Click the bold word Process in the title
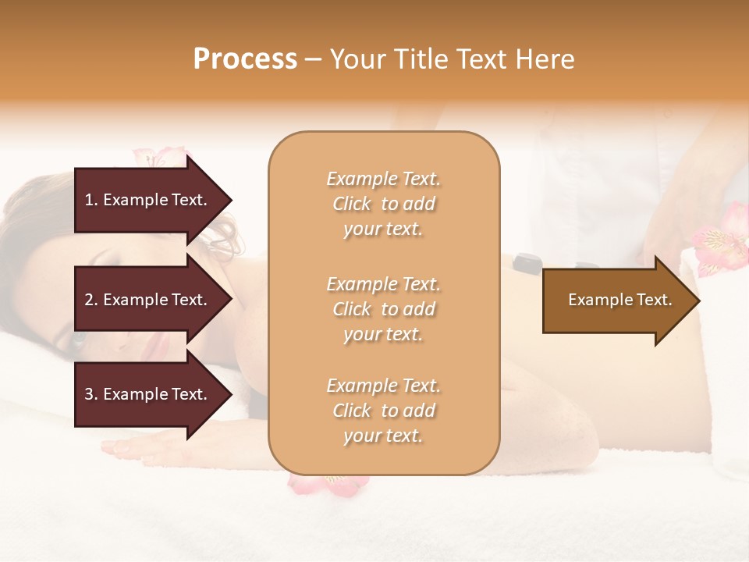245,59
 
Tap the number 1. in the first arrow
91,200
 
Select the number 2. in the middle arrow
91,300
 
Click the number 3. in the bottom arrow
91,394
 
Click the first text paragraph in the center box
384,204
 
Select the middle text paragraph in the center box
384,308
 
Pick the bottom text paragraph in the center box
384,411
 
